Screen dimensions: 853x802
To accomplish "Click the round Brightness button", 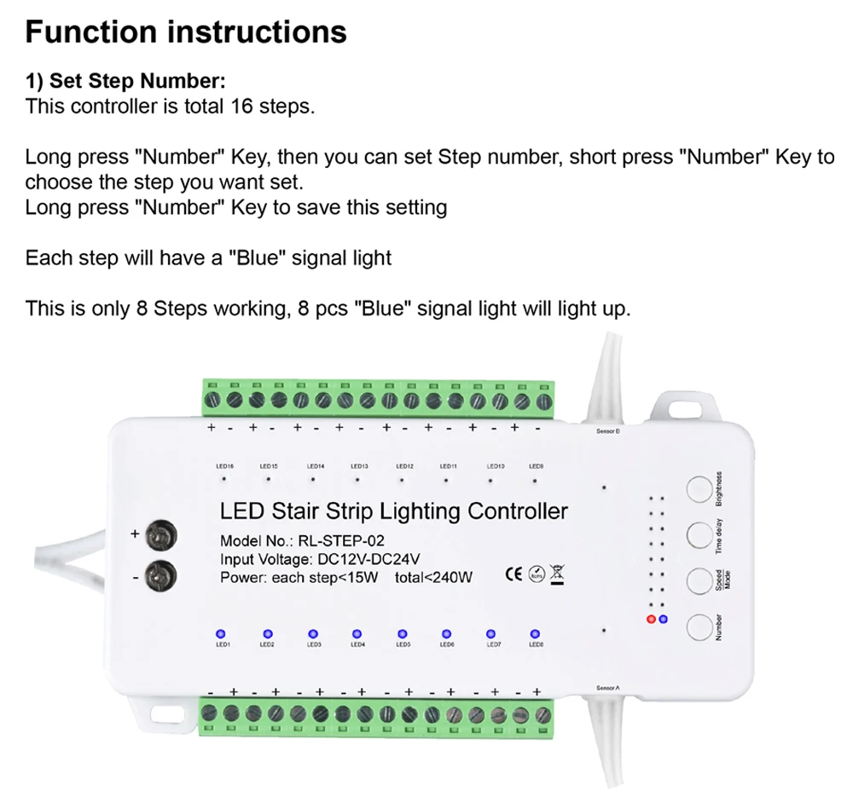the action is [699, 489].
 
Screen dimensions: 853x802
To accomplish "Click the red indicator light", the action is [653, 618].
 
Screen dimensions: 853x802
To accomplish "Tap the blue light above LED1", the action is [220, 633].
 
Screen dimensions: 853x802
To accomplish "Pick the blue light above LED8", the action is [536, 633].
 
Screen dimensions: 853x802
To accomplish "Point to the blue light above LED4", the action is [357, 633].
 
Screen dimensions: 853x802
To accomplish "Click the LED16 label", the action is [225, 466].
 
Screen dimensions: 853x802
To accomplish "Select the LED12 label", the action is [404, 466].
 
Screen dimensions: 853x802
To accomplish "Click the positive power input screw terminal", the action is [160, 536].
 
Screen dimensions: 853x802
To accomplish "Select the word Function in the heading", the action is [91, 32].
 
